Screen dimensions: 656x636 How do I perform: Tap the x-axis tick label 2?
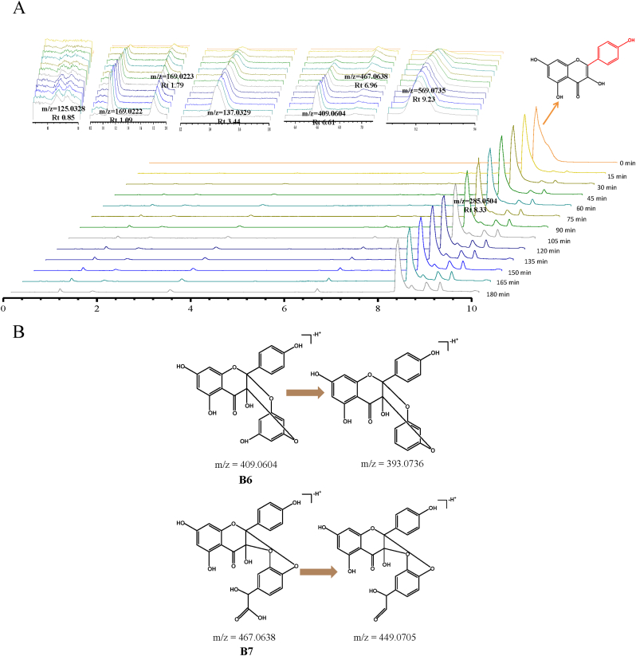(x=97, y=308)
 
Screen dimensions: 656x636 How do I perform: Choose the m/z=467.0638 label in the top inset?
(x=367, y=77)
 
